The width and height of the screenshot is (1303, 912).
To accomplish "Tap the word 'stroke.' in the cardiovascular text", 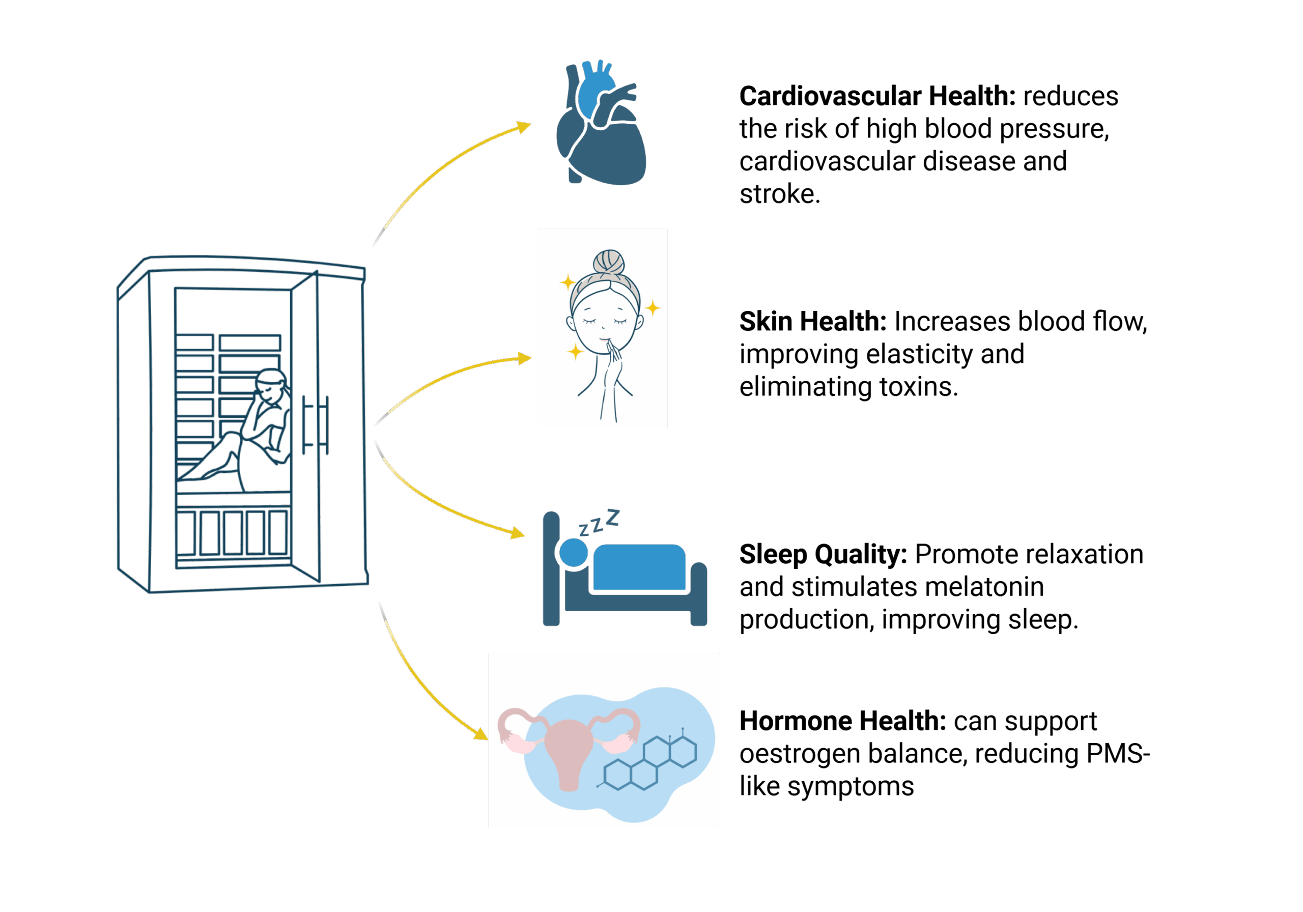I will point(780,194).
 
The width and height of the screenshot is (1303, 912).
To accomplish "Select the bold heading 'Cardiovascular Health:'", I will point(877,97).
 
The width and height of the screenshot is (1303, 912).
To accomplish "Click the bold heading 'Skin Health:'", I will point(813,322).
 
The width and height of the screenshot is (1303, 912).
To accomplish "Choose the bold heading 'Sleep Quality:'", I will point(823,554).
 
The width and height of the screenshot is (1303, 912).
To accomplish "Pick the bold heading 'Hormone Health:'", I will point(843,721).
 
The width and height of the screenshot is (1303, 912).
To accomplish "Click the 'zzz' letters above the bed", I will point(599,523).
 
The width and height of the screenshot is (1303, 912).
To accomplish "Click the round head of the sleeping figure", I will point(574,552).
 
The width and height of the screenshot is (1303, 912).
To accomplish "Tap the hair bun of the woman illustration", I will point(609,262).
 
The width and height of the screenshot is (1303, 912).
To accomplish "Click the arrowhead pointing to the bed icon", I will point(518,533).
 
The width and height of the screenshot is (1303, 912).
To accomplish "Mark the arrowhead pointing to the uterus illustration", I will point(481,734).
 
